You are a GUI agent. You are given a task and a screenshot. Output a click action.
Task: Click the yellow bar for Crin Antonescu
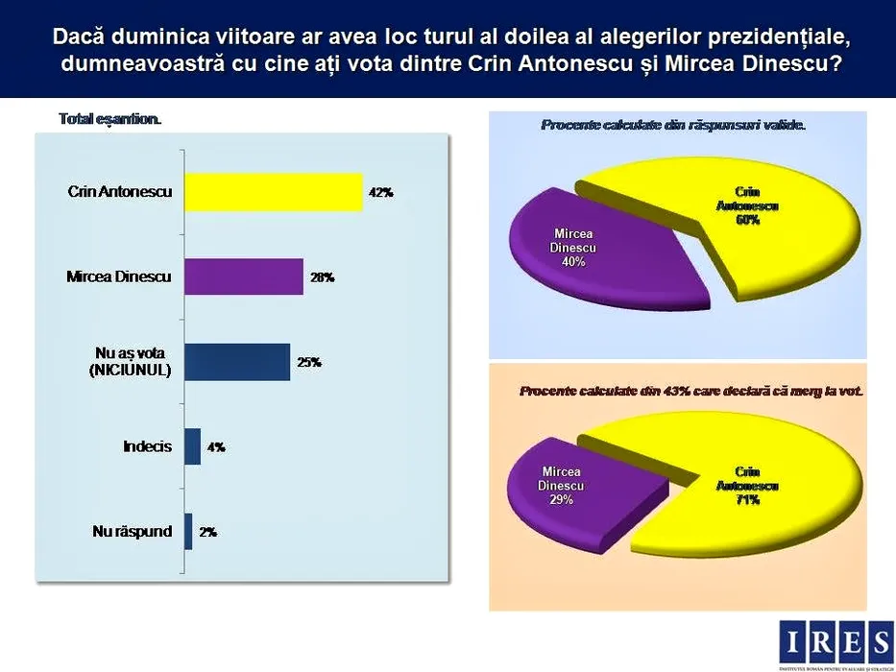(x=273, y=192)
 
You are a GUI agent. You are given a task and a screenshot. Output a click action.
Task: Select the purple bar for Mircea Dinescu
(x=243, y=276)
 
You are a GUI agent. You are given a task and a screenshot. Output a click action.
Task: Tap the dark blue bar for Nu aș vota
(x=236, y=362)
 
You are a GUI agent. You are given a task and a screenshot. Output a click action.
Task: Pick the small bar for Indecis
(x=192, y=446)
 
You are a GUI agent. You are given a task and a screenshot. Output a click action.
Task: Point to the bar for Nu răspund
(x=188, y=531)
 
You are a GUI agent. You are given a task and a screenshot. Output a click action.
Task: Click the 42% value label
(x=380, y=193)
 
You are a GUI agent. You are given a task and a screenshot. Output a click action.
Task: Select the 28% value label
(x=322, y=277)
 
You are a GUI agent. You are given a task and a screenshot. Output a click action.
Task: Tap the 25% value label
(x=308, y=362)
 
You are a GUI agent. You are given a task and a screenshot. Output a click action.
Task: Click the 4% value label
(x=216, y=446)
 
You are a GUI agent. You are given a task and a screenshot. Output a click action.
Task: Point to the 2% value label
(x=207, y=531)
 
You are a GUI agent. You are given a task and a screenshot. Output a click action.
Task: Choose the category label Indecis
(x=147, y=446)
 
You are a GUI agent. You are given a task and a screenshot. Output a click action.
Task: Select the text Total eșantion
(x=110, y=120)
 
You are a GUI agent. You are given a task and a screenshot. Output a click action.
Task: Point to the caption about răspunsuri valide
(x=673, y=126)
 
